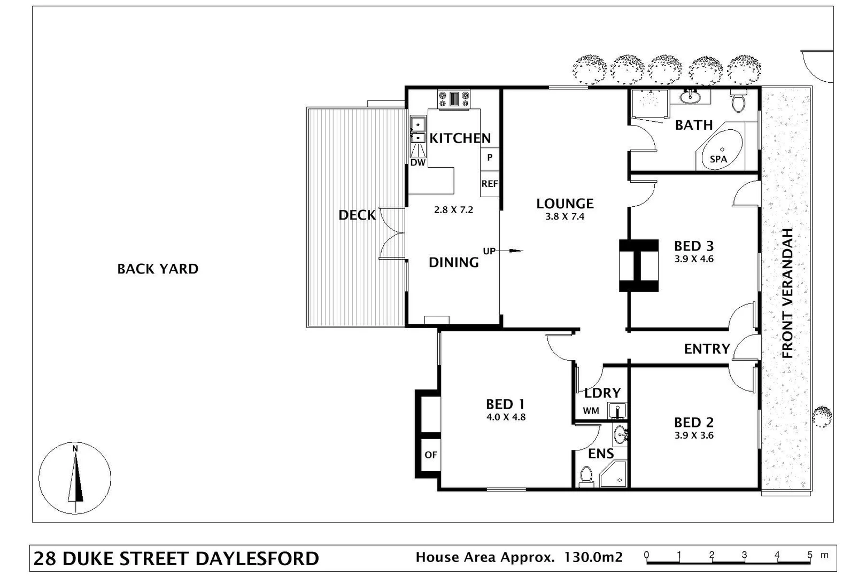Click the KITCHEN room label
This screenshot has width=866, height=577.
[x=460, y=138]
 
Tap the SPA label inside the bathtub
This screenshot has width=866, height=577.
[x=718, y=159]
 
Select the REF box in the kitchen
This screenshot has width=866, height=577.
[x=489, y=184]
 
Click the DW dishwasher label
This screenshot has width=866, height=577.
[x=417, y=162]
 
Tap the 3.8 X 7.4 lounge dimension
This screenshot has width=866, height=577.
[x=565, y=216]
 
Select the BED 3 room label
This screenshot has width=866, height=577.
[x=693, y=246]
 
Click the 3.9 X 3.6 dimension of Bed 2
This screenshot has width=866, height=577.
[x=693, y=435]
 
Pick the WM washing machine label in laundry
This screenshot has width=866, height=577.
[x=591, y=411]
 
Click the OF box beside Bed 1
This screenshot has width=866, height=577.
[x=430, y=455]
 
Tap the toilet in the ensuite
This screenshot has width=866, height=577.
[x=586, y=475]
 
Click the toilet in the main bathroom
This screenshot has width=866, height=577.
[x=738, y=102]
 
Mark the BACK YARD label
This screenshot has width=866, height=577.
[x=158, y=269]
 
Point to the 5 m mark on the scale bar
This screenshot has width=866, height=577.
[x=809, y=556]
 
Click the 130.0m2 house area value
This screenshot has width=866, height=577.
[x=593, y=557]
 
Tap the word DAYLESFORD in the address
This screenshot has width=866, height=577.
[x=257, y=558]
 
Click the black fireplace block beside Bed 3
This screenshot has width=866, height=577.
[x=638, y=266]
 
